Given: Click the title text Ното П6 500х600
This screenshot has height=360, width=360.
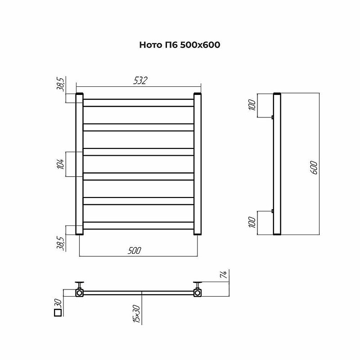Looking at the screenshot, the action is tap(180, 45).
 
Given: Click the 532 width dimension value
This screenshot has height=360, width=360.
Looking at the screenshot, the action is tap(140, 81).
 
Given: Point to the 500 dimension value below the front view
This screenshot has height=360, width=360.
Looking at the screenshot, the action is tap(134, 250).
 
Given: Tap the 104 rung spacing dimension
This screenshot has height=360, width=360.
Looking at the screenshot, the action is tap(60, 164).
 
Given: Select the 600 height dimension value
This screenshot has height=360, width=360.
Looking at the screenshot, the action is tap(315, 167).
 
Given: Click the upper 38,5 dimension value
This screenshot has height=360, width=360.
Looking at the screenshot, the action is tap(60, 84).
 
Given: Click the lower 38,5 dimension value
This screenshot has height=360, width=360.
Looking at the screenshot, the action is tap(60, 243).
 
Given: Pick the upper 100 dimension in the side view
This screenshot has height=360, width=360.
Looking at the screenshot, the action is tap(252, 105).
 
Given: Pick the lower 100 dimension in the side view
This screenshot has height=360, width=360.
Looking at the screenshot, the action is tap(252, 222).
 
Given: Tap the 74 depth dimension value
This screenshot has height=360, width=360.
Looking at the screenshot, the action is tap(223, 274).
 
